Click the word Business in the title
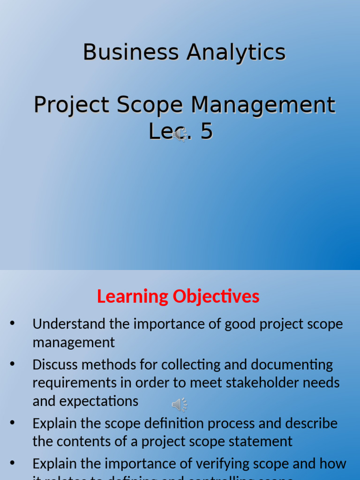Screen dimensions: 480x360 pos(131,52)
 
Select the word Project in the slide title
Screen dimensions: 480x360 pos(71,105)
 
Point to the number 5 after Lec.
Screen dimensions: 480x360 pos(206,132)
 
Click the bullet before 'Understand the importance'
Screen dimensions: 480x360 pos(12,323)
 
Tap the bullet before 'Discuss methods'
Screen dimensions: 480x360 pos(12,364)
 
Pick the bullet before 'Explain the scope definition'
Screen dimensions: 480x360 pos(12,423)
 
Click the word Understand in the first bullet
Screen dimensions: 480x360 pos(69,324)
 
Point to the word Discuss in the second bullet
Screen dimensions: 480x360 pos(55,365)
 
